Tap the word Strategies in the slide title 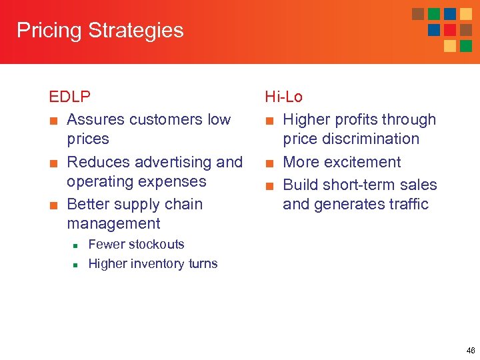point(136,31)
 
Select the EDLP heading point(70,97)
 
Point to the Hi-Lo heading point(284,97)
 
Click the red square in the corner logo point(450,30)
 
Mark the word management point(113,223)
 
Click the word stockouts point(154,245)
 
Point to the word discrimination point(351,139)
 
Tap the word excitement point(361,162)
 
